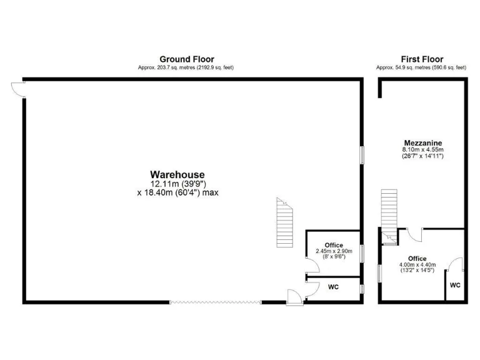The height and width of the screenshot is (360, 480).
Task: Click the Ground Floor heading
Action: click(x=186, y=59)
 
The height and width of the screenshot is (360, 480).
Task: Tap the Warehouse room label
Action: click(x=177, y=174)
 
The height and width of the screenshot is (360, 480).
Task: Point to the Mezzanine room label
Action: click(x=422, y=142)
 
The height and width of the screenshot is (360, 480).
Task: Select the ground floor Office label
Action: click(x=334, y=245)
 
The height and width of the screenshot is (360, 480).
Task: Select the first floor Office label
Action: click(x=417, y=259)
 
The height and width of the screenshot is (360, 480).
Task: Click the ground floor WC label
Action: click(x=333, y=287)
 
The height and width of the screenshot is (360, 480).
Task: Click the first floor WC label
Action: click(x=455, y=286)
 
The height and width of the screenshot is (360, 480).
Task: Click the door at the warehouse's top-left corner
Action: click(x=17, y=89)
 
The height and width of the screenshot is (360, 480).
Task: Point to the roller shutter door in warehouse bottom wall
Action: click(x=215, y=302)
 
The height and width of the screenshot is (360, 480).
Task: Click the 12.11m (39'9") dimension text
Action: click(x=177, y=184)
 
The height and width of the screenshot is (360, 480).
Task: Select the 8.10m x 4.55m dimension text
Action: click(x=422, y=150)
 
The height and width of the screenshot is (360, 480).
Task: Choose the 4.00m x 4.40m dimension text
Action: click(x=418, y=266)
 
